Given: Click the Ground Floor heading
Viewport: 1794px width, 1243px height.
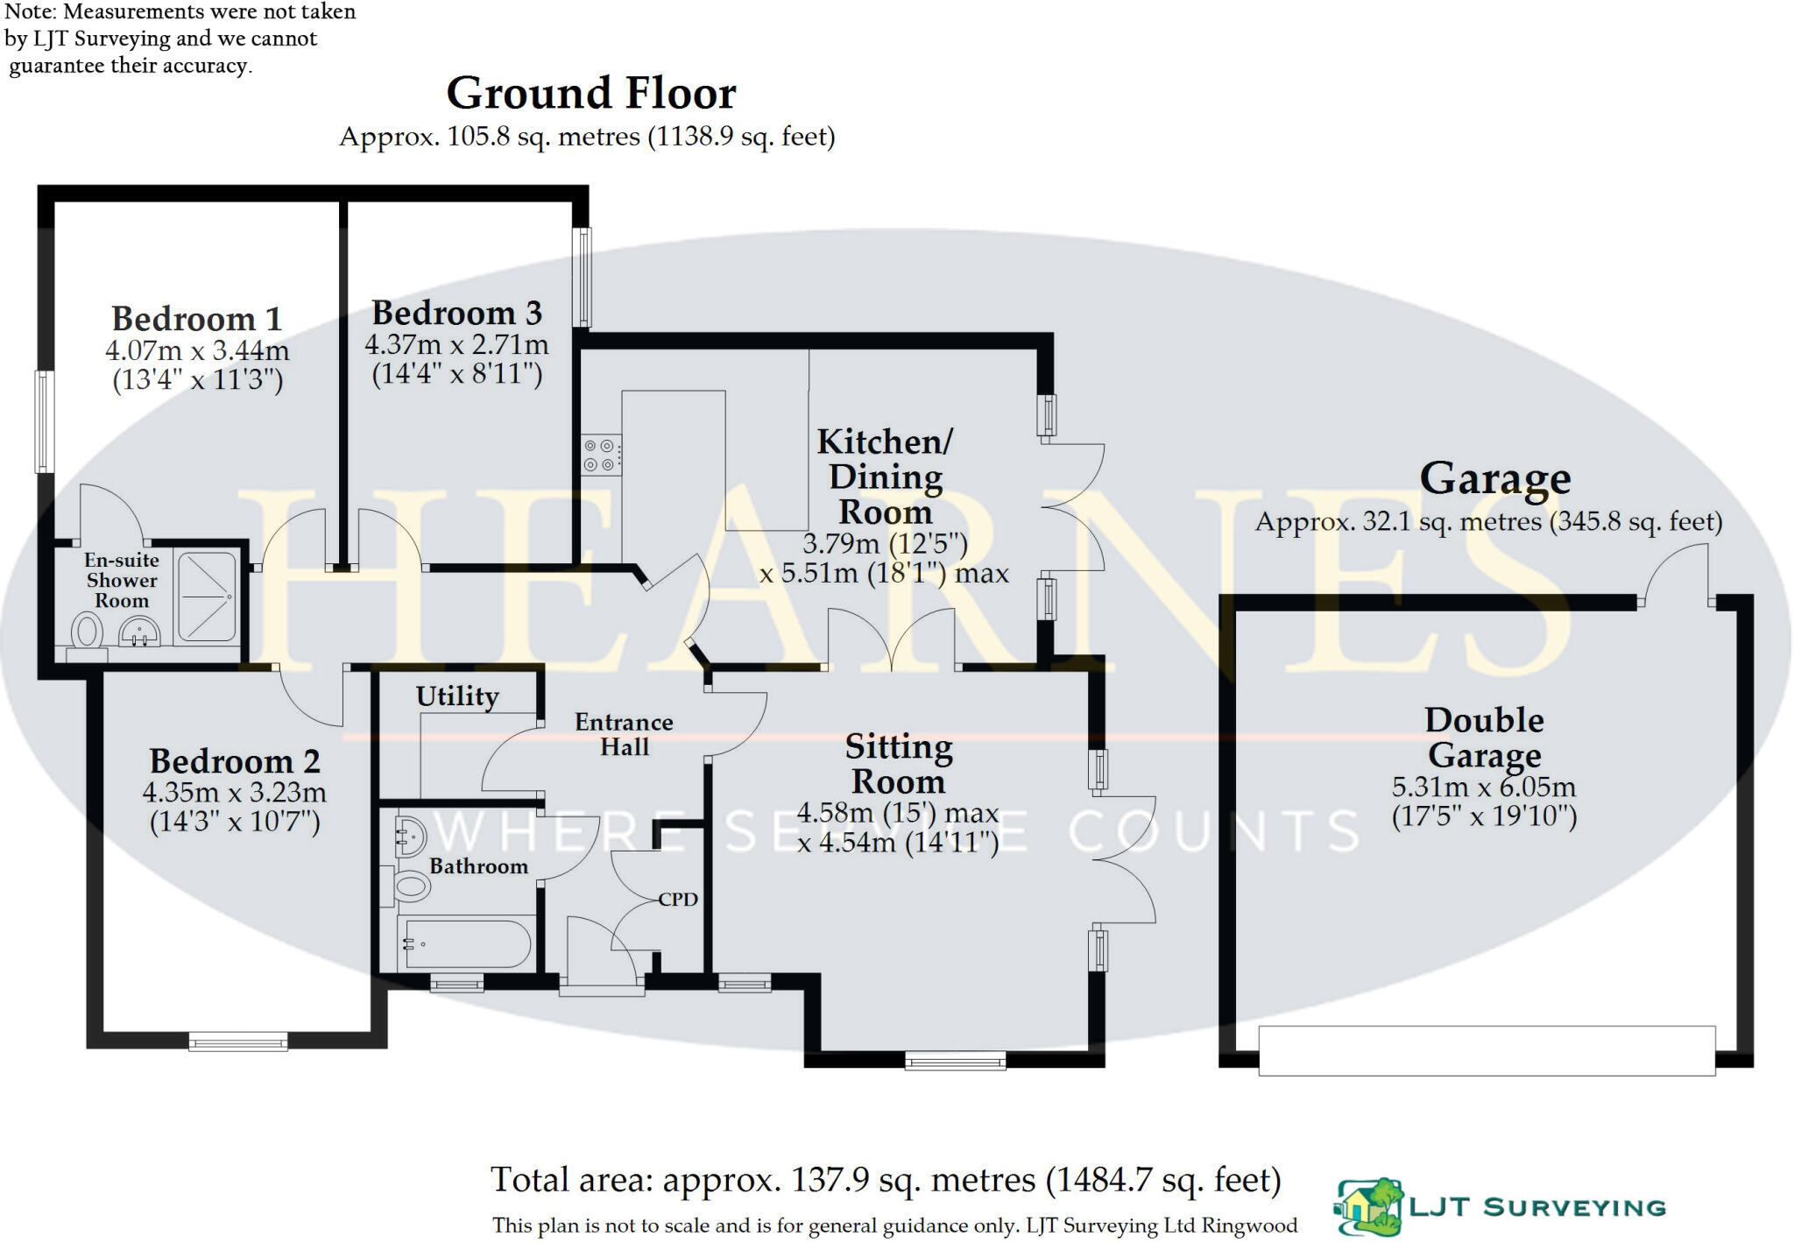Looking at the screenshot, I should click(x=591, y=94).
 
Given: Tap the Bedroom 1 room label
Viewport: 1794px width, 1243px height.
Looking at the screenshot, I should click(x=197, y=319).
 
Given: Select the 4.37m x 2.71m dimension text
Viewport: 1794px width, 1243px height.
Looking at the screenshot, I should click(x=456, y=344).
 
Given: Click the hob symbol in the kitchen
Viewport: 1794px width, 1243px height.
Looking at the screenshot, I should click(x=602, y=456).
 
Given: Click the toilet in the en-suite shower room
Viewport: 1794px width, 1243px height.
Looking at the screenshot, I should click(x=86, y=632).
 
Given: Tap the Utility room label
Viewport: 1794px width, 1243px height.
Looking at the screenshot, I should click(x=457, y=696).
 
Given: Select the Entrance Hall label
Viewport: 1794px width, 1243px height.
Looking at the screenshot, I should click(x=624, y=734).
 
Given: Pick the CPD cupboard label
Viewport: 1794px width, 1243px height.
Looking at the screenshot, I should click(x=678, y=900).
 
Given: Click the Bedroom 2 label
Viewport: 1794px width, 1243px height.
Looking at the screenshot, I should click(x=234, y=761).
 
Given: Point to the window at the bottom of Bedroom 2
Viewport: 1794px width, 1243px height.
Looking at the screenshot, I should click(x=238, y=1042).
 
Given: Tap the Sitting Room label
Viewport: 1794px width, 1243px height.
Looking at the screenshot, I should click(x=899, y=764).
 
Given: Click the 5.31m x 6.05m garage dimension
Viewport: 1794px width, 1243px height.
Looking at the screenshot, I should click(x=1484, y=787).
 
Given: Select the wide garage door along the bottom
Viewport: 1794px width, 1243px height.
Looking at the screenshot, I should click(x=1487, y=1050).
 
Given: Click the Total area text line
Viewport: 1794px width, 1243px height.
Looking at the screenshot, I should click(x=885, y=1180).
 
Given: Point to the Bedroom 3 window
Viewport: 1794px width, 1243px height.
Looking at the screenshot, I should click(x=583, y=278).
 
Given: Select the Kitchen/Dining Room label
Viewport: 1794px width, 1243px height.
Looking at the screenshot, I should click(x=885, y=477).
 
